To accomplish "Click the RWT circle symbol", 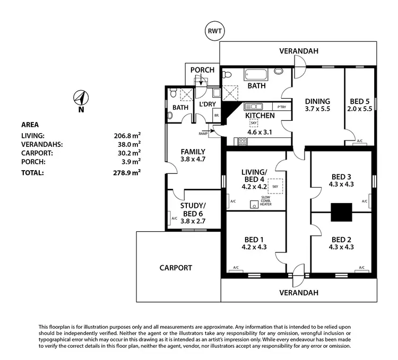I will (215, 31).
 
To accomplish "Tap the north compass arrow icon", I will (81, 98).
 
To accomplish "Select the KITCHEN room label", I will (259, 116).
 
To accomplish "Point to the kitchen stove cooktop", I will (242, 141).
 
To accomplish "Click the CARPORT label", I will (176, 268).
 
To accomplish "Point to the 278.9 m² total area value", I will (129, 173).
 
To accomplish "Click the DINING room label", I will (317, 101).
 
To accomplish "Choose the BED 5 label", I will (359, 101).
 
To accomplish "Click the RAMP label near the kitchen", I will (203, 134).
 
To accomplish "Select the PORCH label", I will (202, 70).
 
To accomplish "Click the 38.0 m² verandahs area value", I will (129, 144).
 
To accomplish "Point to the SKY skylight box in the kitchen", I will (254, 123).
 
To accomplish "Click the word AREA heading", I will (29, 125).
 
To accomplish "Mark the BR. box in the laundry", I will (217, 115).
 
